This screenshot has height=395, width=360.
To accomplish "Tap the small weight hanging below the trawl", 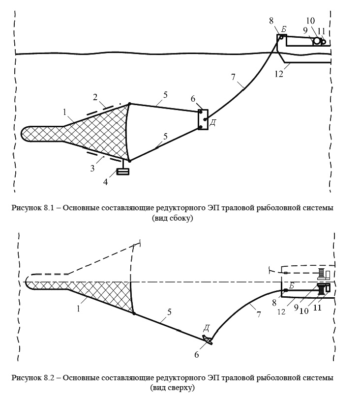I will (x=122, y=171).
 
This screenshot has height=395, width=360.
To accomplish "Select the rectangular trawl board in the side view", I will (x=202, y=119).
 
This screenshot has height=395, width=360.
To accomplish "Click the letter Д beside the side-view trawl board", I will (x=212, y=122).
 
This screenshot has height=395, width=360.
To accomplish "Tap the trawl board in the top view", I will (x=207, y=339).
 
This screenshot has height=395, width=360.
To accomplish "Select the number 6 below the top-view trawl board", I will (x=197, y=353).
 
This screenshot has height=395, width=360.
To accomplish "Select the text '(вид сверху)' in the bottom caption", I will (x=173, y=388).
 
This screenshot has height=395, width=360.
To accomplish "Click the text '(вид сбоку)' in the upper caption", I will (x=173, y=218).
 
